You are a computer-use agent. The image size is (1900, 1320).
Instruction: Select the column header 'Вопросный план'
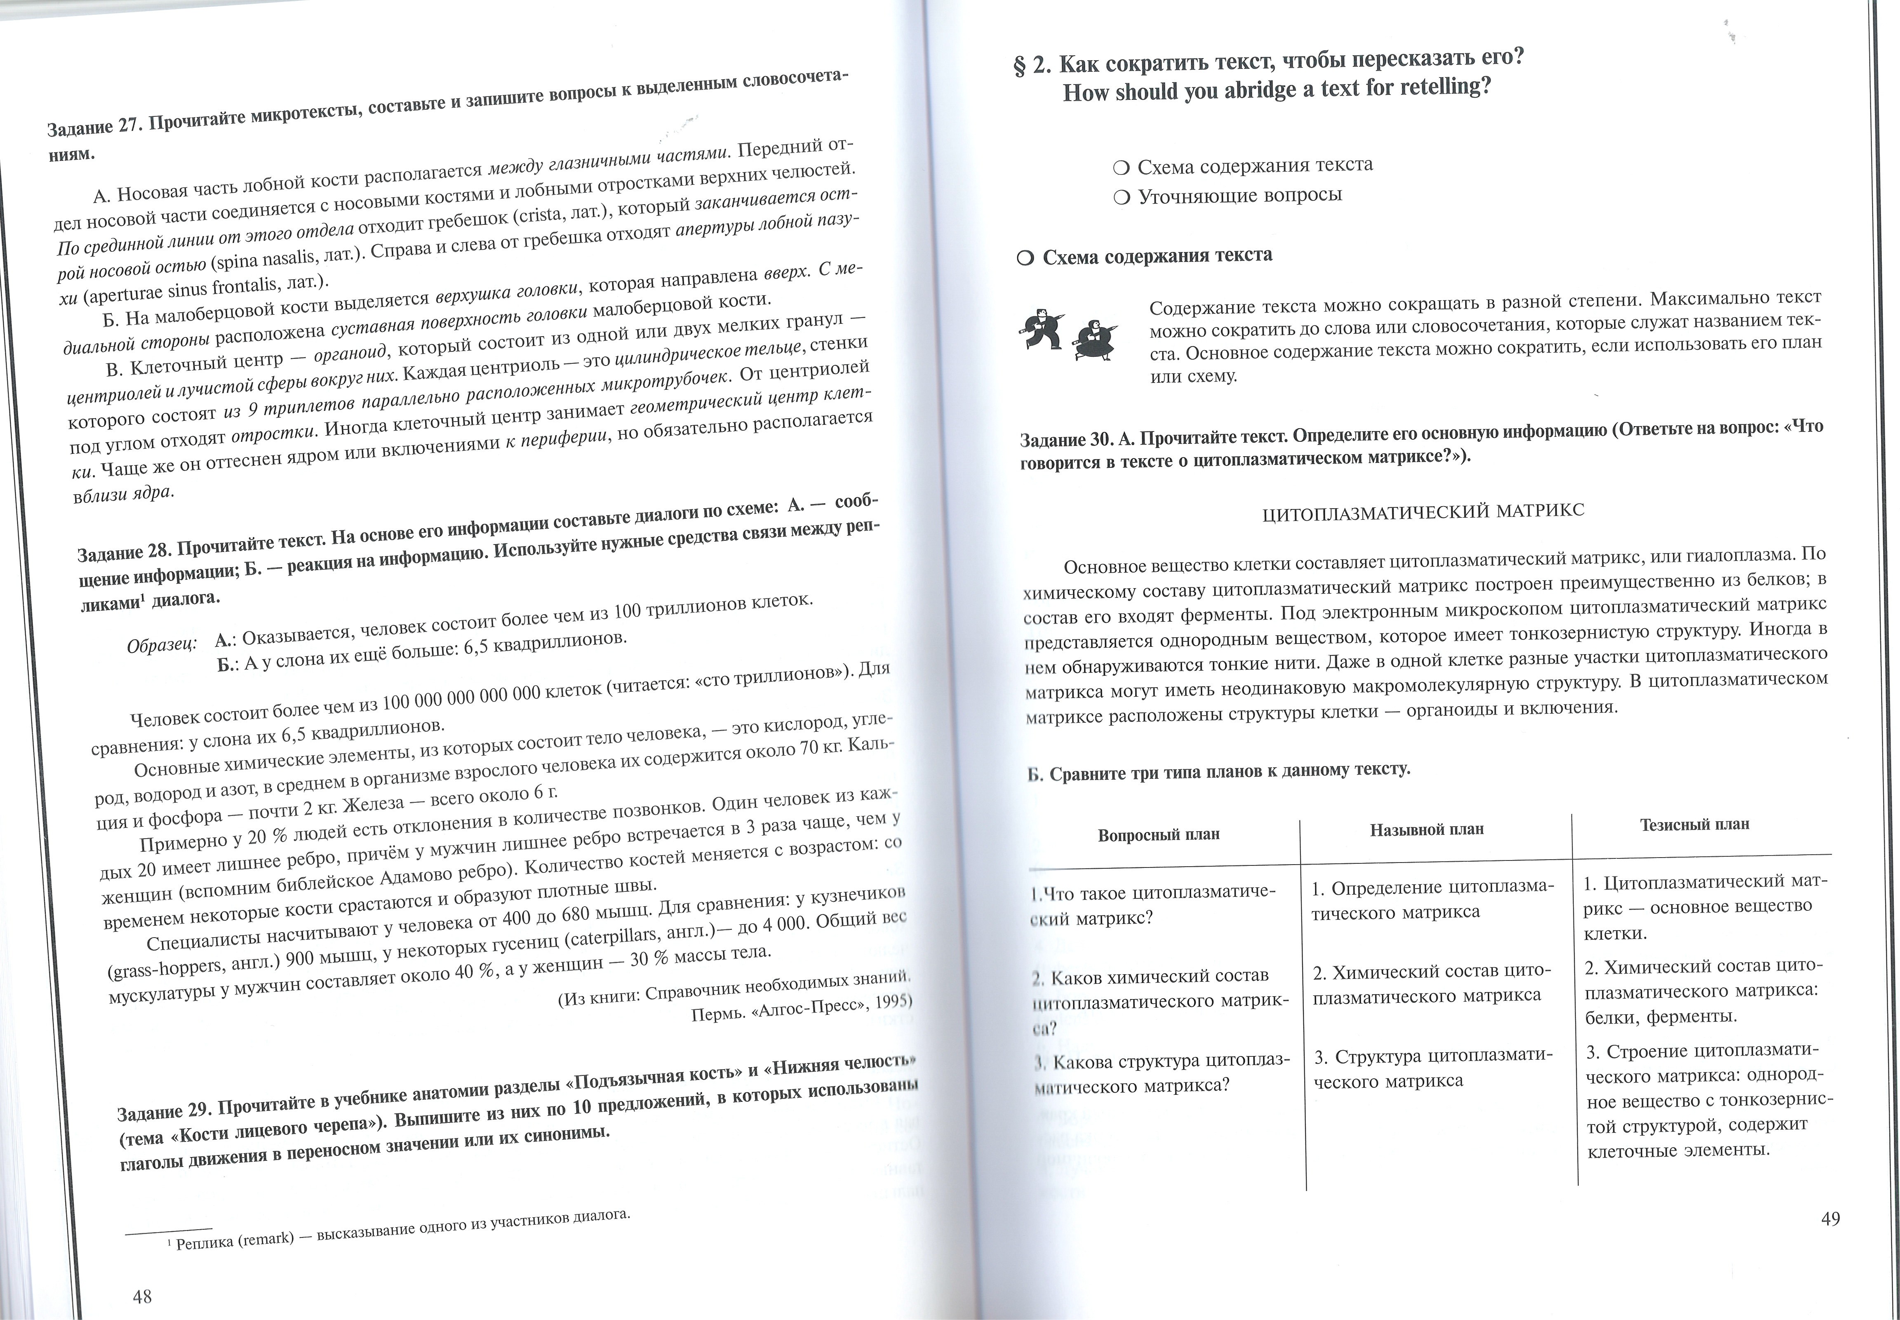coord(1158,834)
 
